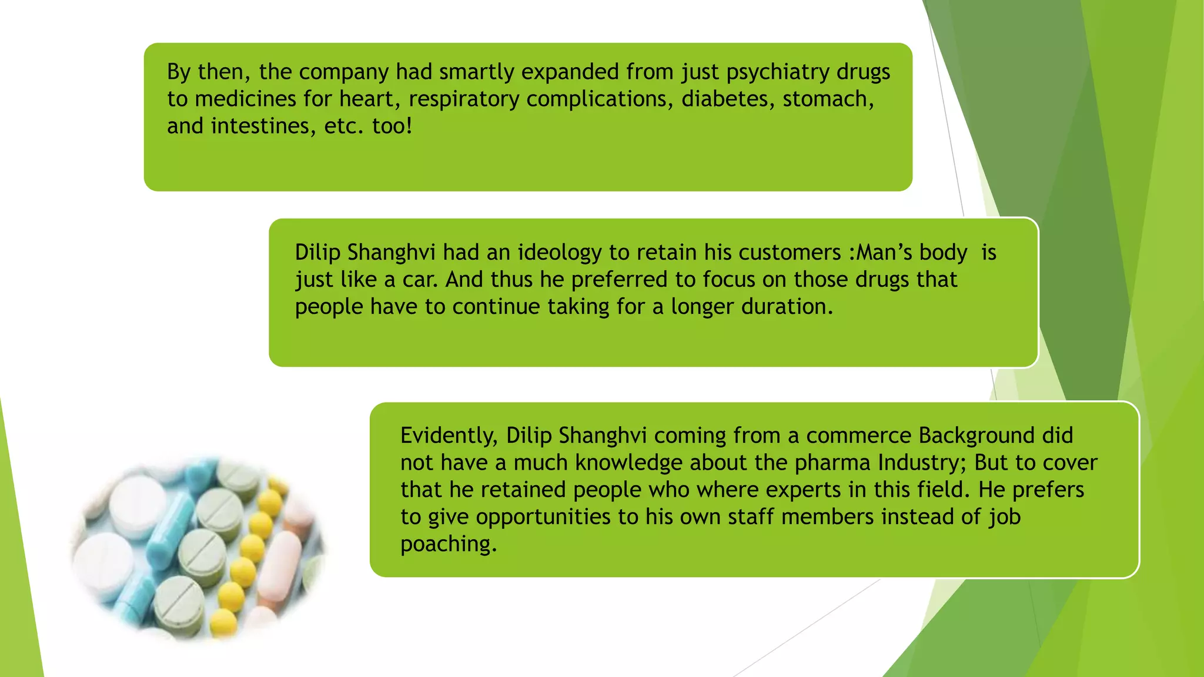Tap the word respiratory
click(463, 99)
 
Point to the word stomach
click(828, 99)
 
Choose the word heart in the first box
click(369, 99)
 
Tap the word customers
click(790, 253)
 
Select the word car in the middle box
click(419, 280)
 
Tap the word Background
click(976, 435)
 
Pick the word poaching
click(448, 544)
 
